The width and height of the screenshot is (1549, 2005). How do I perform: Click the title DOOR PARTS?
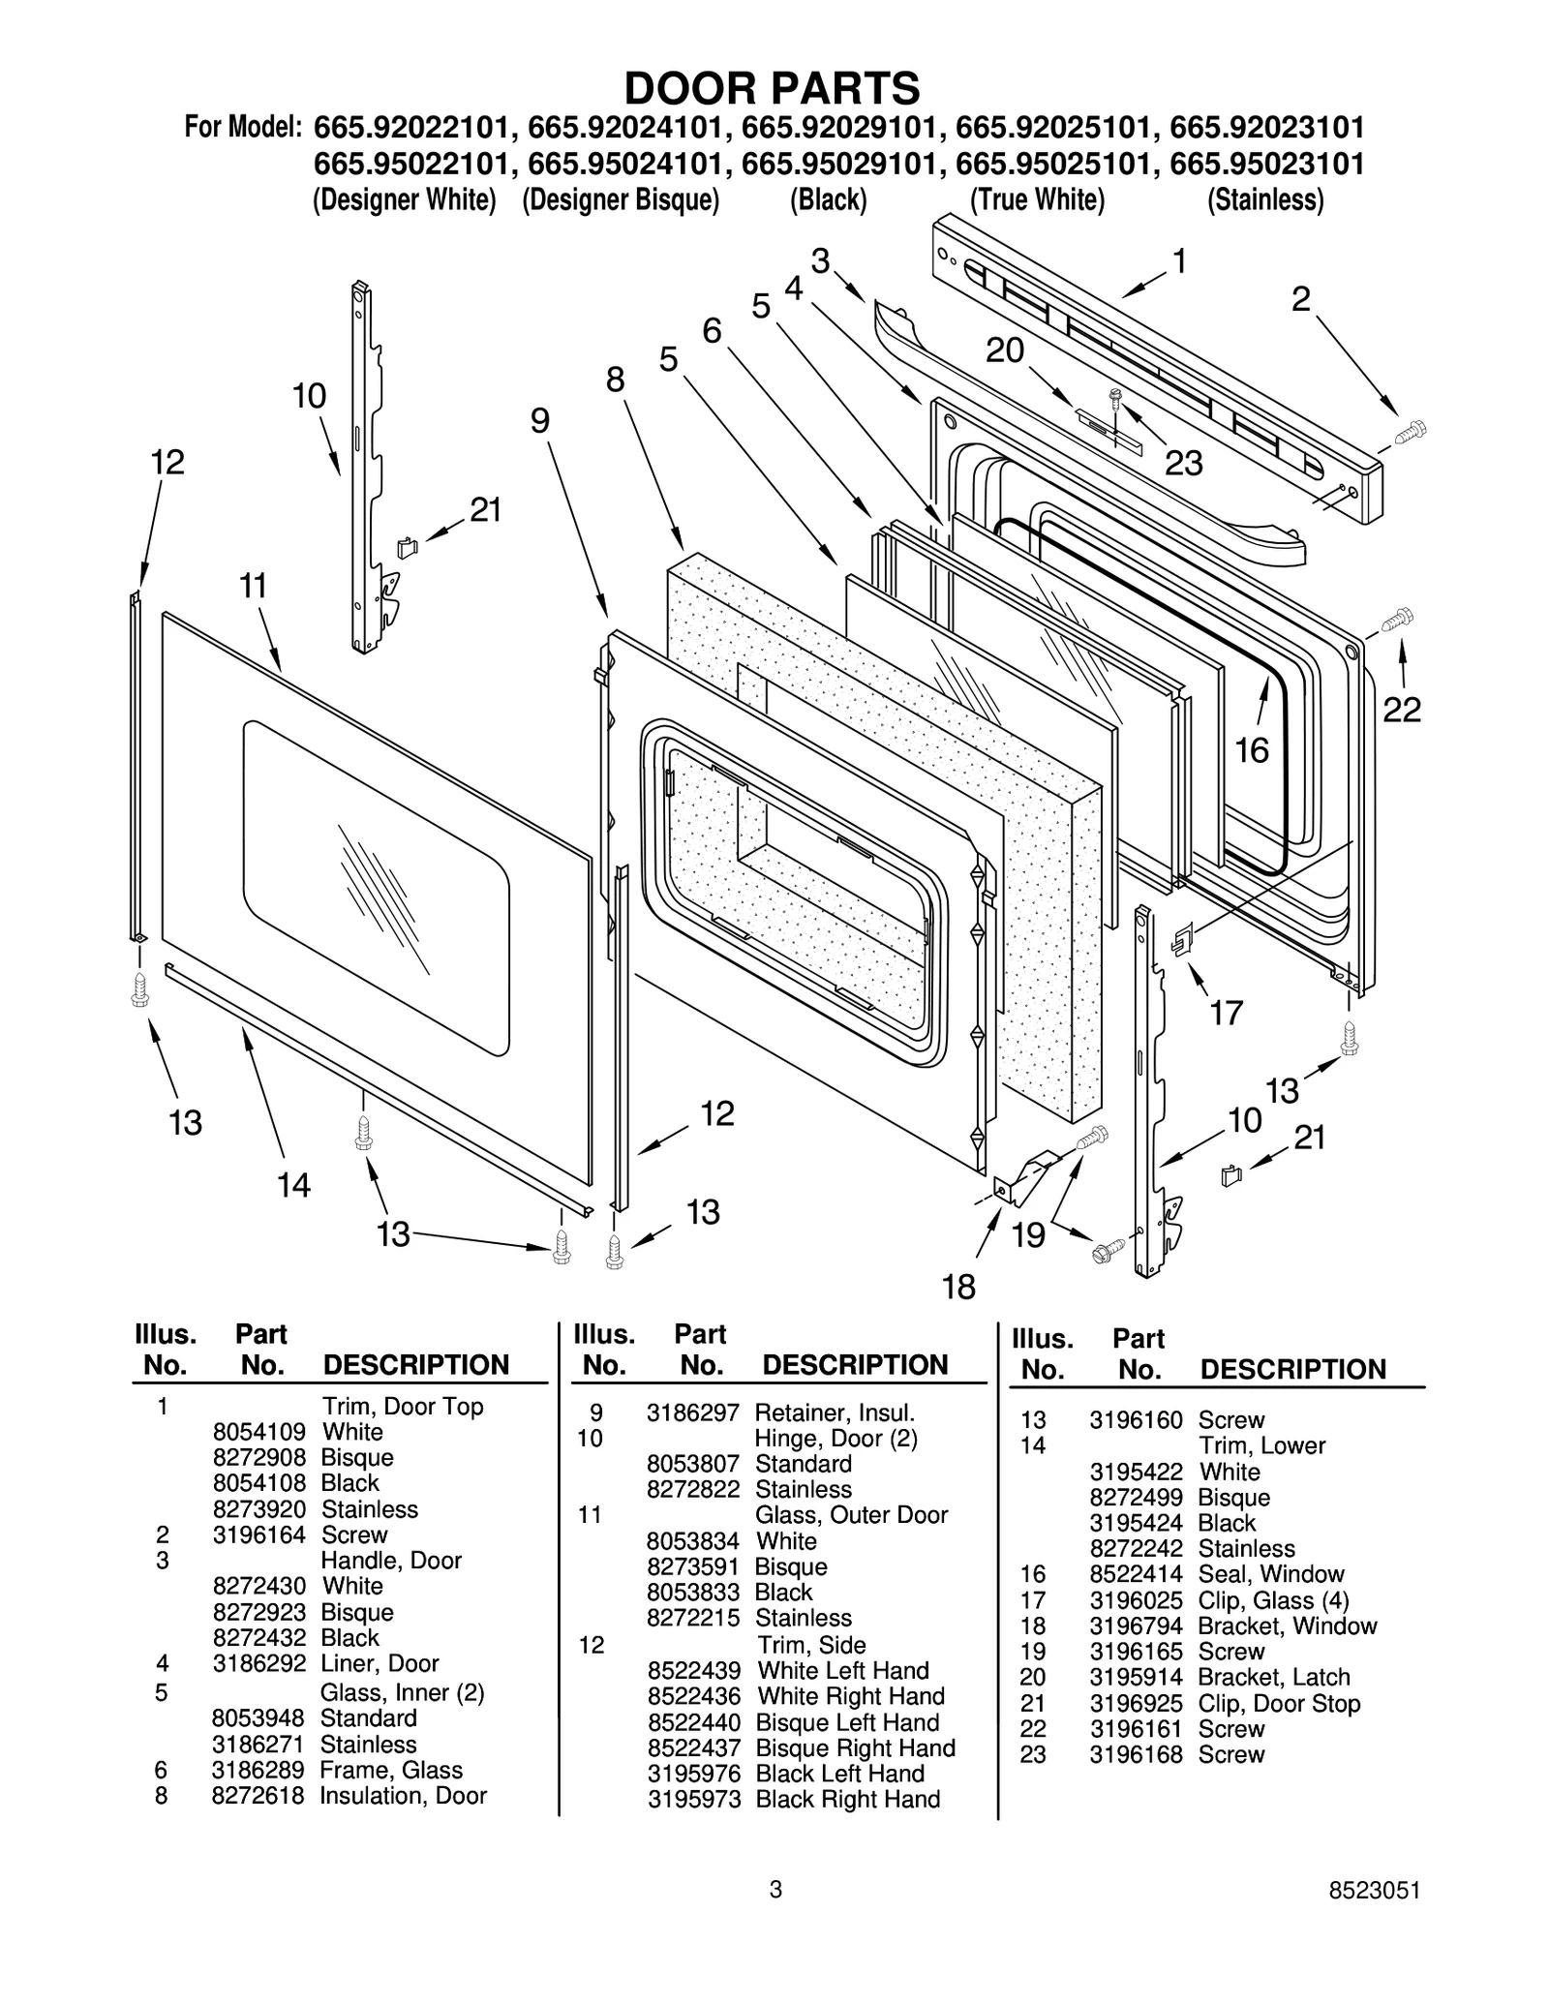(x=772, y=89)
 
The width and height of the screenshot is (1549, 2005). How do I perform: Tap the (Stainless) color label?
(x=1264, y=200)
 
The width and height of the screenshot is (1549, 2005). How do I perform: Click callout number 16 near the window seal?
(x=1252, y=750)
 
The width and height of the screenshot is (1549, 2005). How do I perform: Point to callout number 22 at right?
(x=1401, y=710)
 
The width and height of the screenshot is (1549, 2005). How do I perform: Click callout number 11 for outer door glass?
(x=253, y=587)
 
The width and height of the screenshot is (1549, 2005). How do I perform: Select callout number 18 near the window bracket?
(x=958, y=1287)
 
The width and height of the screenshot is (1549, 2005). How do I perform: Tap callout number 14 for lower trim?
(x=293, y=1184)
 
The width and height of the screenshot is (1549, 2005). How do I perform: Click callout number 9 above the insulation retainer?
(x=539, y=420)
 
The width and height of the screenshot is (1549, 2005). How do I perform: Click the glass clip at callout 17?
(x=1182, y=938)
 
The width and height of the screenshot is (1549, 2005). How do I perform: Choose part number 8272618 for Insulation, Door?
(x=258, y=1796)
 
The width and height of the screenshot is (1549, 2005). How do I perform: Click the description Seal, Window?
(x=1271, y=1574)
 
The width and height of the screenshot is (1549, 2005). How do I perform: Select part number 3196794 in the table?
(x=1136, y=1626)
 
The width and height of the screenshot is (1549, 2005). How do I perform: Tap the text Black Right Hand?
(x=847, y=1800)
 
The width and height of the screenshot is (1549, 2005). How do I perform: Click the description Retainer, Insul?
(x=835, y=1413)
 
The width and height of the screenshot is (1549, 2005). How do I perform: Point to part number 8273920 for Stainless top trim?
(x=258, y=1509)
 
